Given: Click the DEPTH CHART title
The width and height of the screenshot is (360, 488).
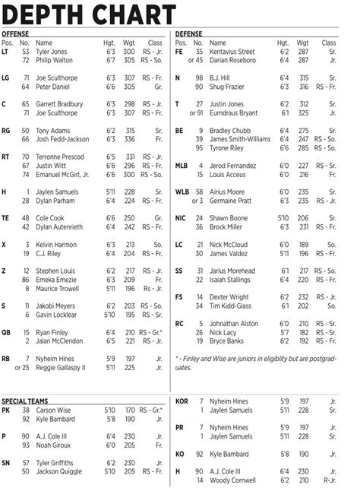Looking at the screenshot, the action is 90,14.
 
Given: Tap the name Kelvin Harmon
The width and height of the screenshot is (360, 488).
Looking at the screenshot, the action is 56,244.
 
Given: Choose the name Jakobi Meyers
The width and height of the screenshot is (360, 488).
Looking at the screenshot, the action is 55,306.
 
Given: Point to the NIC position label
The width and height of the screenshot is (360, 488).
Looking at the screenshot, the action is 180,217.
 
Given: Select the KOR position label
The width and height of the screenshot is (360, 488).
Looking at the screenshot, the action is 182,401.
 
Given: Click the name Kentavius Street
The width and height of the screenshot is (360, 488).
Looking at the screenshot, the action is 232,51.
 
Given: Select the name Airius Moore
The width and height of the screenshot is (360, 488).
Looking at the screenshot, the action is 226,192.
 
